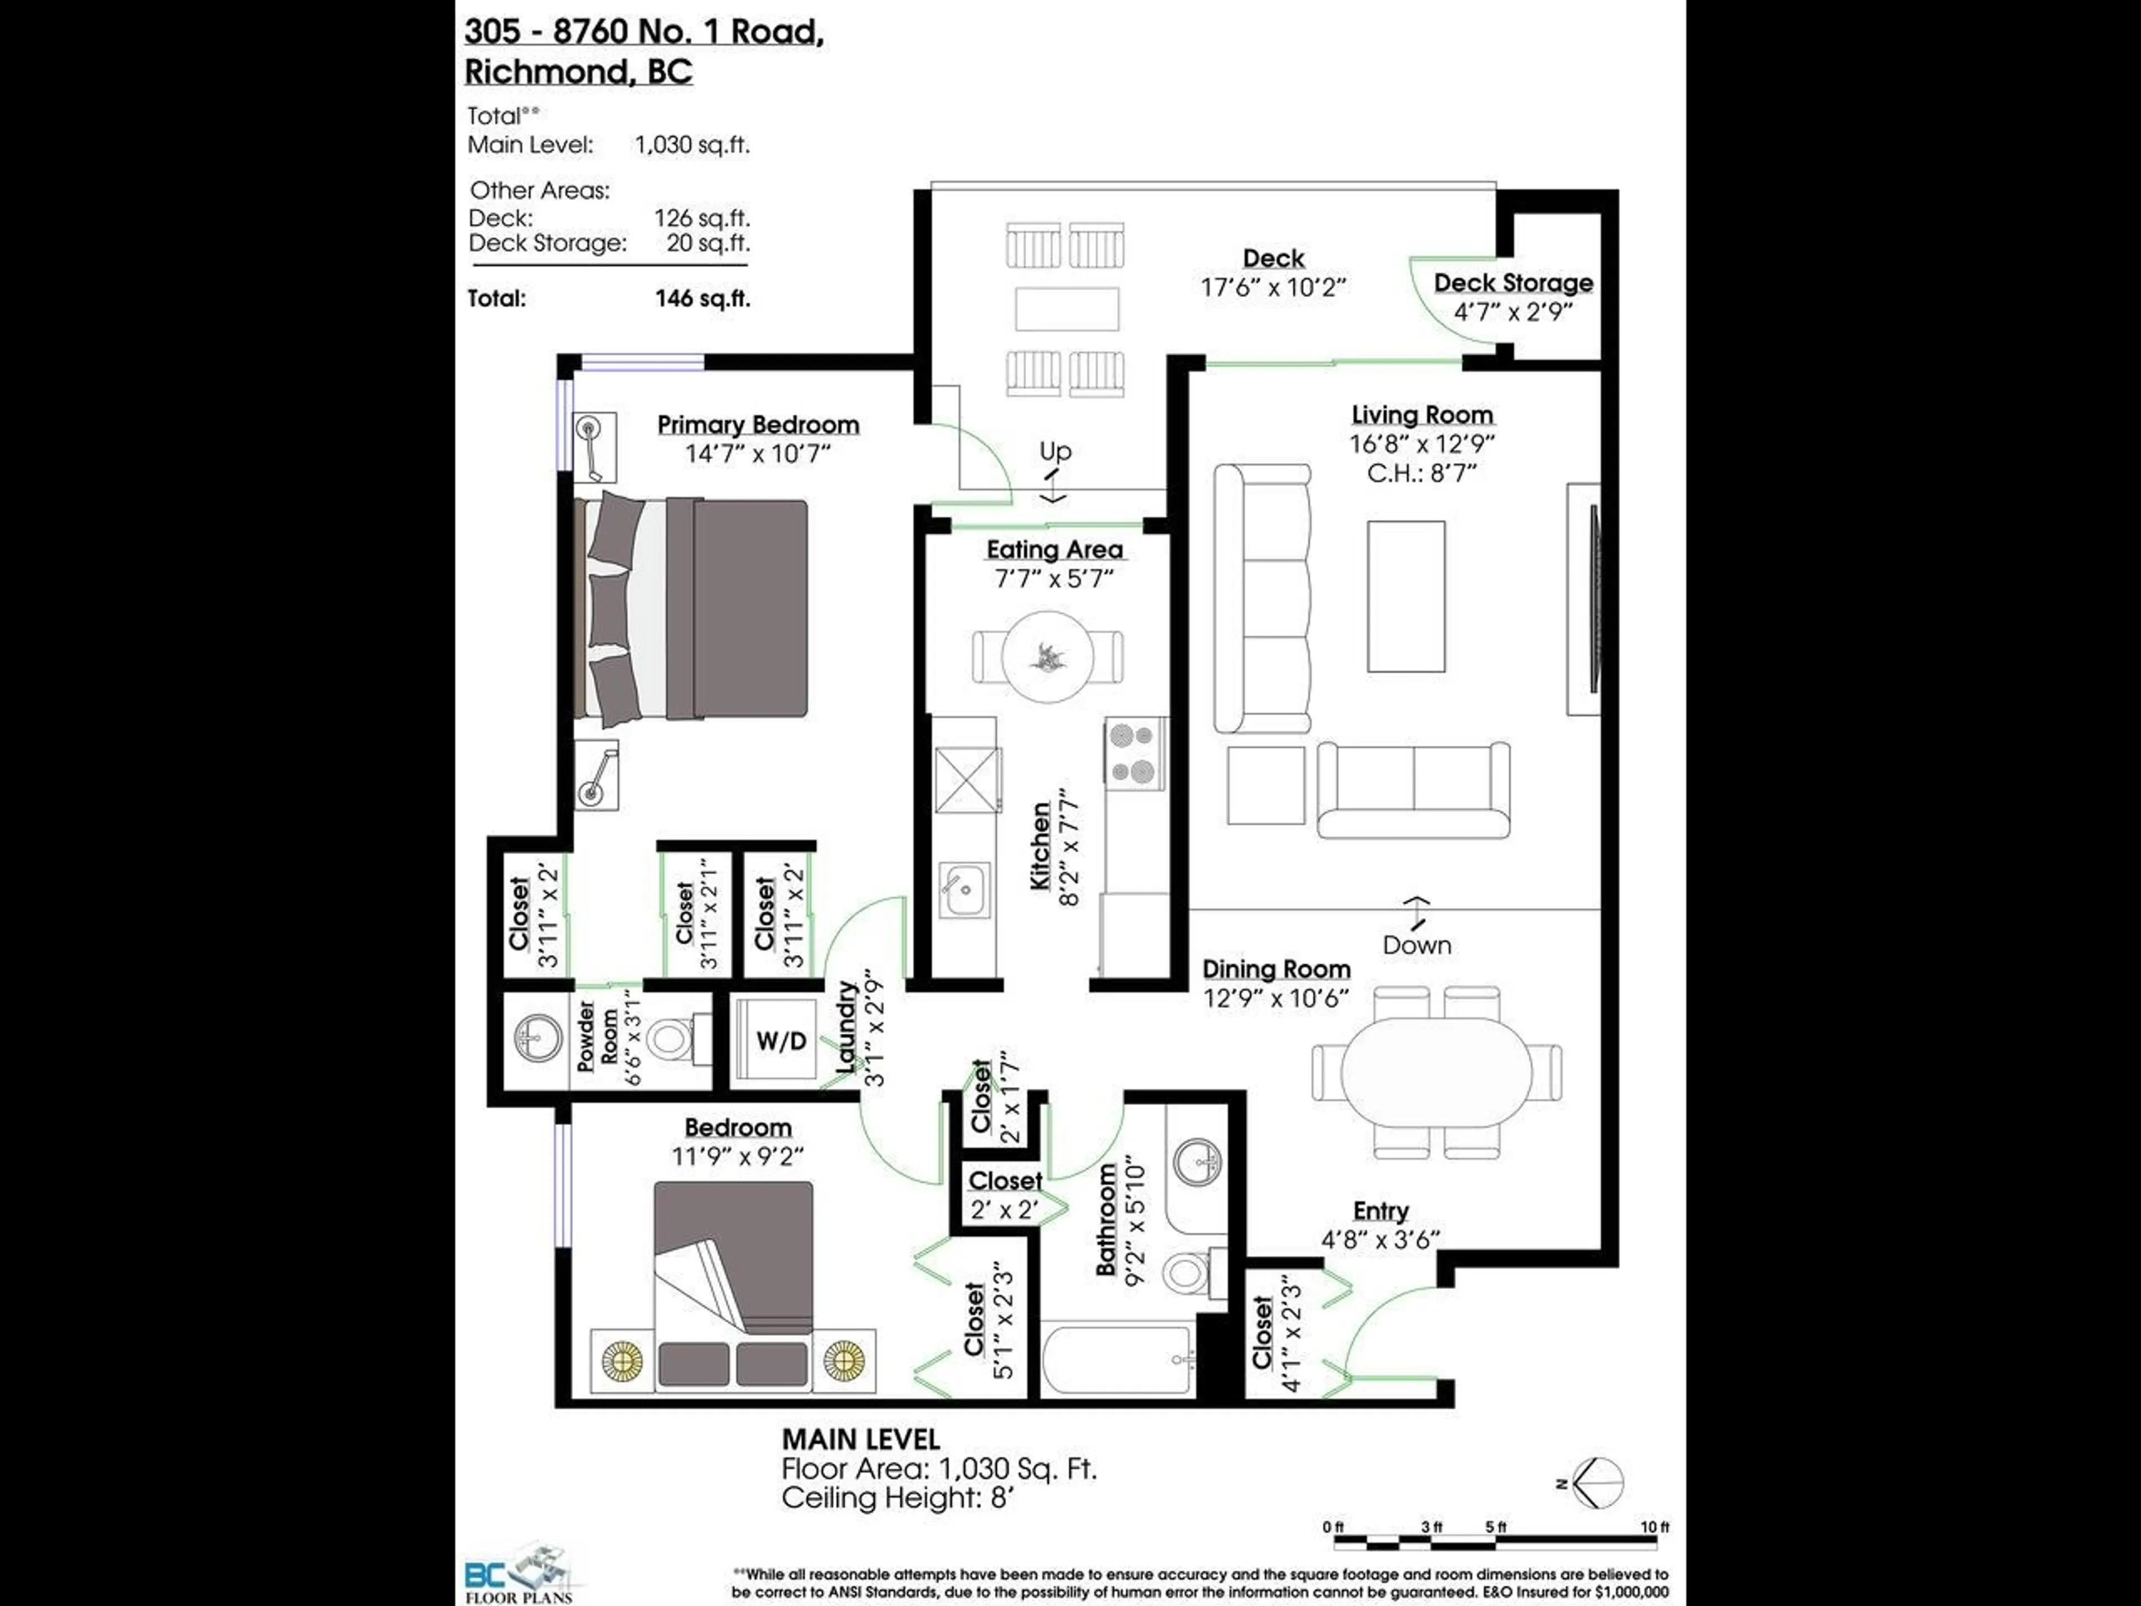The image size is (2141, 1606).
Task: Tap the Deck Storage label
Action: click(x=1513, y=283)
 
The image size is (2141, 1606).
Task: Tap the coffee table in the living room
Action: click(x=1406, y=596)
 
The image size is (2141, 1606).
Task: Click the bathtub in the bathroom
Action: click(x=1118, y=1360)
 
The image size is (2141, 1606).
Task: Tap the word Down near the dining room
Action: click(x=1416, y=945)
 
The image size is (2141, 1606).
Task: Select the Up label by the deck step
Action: click(x=1055, y=451)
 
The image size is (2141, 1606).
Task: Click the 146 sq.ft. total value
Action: click(x=702, y=298)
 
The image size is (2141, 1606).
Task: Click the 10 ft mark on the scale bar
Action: click(x=1654, y=1527)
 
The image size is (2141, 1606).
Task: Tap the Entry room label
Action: click(x=1380, y=1211)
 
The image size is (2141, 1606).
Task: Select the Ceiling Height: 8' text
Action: click(x=897, y=1498)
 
